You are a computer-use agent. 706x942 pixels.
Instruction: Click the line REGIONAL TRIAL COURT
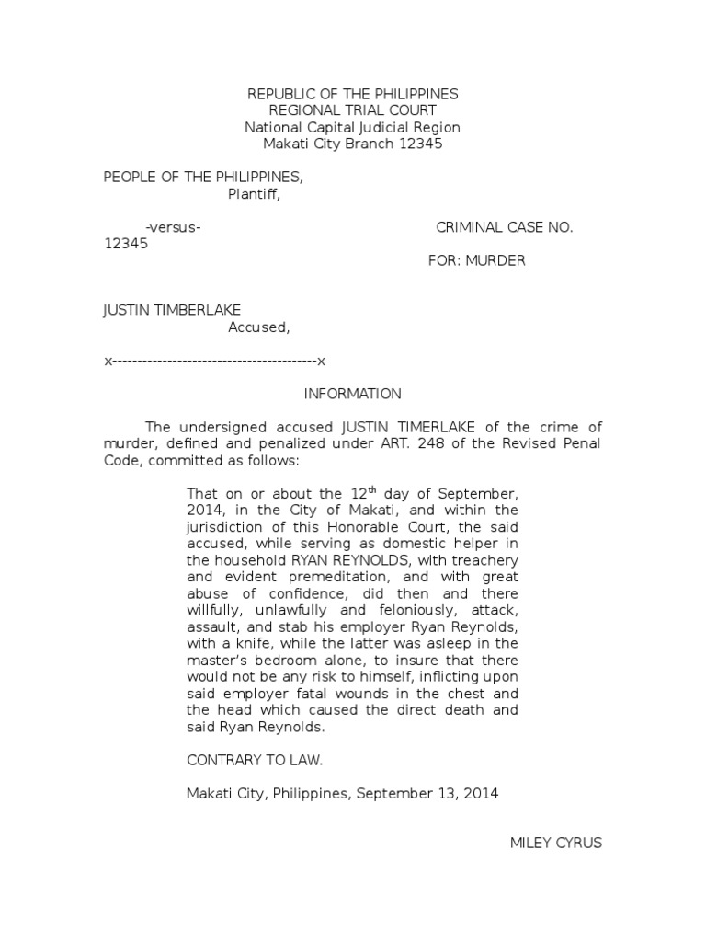(353, 110)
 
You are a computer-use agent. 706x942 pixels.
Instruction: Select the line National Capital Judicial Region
(353, 127)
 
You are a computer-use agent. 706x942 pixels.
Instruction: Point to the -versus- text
(174, 227)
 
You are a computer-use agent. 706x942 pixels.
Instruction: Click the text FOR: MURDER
(477, 260)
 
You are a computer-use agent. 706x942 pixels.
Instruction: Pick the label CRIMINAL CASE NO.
(504, 227)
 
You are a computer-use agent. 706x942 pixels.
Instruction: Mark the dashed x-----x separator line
(215, 360)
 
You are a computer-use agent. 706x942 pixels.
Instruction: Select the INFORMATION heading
(353, 394)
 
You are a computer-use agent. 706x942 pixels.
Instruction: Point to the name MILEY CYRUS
(556, 843)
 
